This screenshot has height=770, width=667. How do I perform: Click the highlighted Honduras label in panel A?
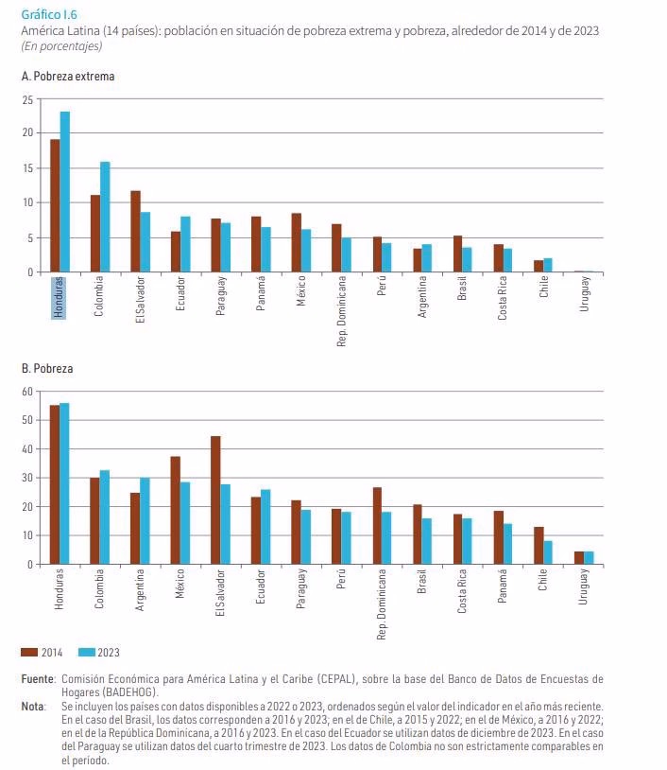click(x=59, y=298)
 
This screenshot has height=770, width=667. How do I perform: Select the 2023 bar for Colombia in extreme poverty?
click(x=105, y=217)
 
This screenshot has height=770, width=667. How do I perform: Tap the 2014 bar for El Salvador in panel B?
click(x=215, y=499)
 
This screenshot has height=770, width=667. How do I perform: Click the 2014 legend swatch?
click(x=29, y=652)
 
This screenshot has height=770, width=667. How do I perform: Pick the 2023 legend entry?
click(x=99, y=652)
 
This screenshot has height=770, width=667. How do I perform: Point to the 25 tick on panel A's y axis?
click(x=28, y=99)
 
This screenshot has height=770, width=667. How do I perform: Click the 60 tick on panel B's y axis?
click(x=28, y=392)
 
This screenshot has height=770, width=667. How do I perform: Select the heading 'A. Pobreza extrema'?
click(x=68, y=76)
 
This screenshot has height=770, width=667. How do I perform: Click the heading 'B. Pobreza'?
click(x=47, y=368)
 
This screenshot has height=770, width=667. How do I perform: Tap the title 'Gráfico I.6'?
click(x=49, y=15)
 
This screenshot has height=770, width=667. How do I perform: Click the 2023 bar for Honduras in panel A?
click(x=65, y=191)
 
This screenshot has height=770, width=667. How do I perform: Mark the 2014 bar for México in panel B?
click(x=175, y=510)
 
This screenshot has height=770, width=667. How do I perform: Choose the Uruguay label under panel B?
click(x=583, y=586)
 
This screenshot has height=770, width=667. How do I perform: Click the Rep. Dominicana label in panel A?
click(x=341, y=311)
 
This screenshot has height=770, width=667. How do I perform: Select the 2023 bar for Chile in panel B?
click(x=547, y=552)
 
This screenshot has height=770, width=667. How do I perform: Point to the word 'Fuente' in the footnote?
click(x=38, y=678)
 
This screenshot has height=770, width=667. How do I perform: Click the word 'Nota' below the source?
click(x=32, y=707)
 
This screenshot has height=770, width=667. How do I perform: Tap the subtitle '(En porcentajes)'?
click(x=61, y=46)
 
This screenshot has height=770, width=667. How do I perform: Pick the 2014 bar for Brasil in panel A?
click(x=457, y=254)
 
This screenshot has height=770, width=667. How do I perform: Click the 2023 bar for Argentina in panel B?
click(x=145, y=520)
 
